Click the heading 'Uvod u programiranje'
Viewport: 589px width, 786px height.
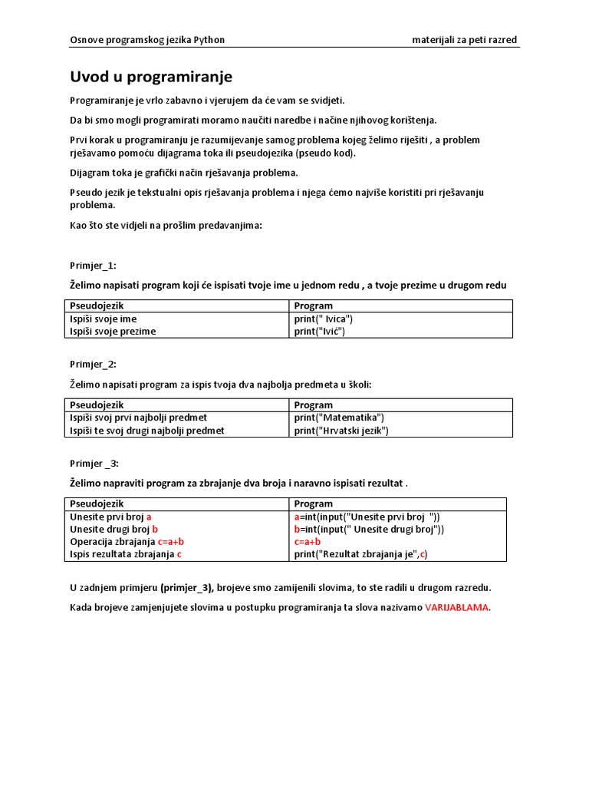tap(151, 77)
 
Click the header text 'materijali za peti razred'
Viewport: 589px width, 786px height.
tap(464, 40)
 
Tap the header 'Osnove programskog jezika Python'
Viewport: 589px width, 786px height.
tap(147, 40)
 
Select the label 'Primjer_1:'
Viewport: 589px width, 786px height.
tap(93, 266)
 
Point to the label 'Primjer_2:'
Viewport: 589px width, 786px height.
tap(93, 364)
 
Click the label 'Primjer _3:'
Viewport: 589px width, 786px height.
tap(94, 463)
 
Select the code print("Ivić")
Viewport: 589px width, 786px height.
tap(319, 332)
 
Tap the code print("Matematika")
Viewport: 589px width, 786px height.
tap(338, 418)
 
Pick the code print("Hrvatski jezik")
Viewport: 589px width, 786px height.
tap(341, 431)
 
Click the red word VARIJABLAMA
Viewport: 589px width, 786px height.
tap(456, 607)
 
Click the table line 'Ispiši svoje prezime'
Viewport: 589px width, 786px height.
tap(113, 332)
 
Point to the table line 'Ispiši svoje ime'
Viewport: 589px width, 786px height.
tap(104, 319)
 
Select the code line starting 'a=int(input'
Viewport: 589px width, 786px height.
tap(367, 517)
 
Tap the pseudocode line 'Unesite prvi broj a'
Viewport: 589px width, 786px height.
tap(110, 517)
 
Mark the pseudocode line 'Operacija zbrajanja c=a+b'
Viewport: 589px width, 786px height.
tap(127, 541)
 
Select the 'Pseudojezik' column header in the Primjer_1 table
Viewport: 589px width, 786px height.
tap(97, 305)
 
